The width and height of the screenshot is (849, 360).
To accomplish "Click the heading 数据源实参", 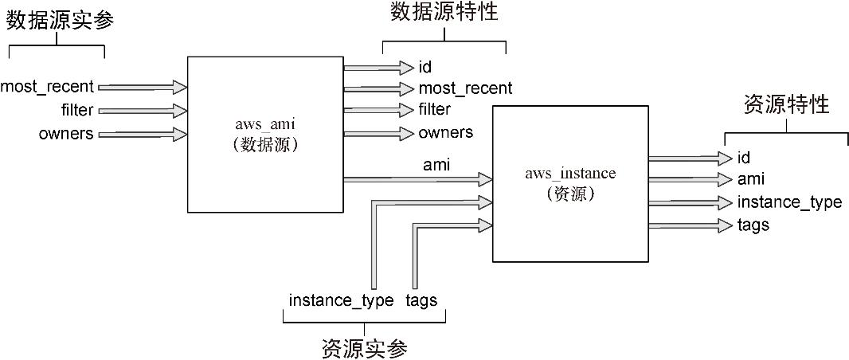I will pos(61,21).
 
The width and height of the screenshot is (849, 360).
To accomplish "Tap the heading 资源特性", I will pos(785,105).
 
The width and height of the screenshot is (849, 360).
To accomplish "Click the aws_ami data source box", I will pos(265,135).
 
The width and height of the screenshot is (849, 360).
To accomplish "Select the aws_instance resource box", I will pos(570,183).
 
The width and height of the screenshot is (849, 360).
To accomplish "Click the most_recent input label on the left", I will pos(47,86).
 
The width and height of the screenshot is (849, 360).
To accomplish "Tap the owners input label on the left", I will pos(66,134).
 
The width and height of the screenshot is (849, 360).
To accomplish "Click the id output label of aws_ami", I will pos(424,67).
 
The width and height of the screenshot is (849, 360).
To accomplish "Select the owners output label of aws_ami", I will pos(445,132).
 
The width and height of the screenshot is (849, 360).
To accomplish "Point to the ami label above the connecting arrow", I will pos(435,166).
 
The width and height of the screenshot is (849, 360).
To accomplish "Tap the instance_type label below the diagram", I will pos(341,300).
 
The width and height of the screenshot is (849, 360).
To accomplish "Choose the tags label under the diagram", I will pos(421,300).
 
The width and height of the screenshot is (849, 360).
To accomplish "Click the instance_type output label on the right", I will pos(789,202).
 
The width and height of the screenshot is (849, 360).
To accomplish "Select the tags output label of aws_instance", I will pos(753,225).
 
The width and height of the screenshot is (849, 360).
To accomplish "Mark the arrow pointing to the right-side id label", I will pos(690,158).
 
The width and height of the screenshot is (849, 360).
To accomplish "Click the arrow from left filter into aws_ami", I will pos(142,110).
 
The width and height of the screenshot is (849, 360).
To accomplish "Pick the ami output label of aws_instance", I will pos(751,180).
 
